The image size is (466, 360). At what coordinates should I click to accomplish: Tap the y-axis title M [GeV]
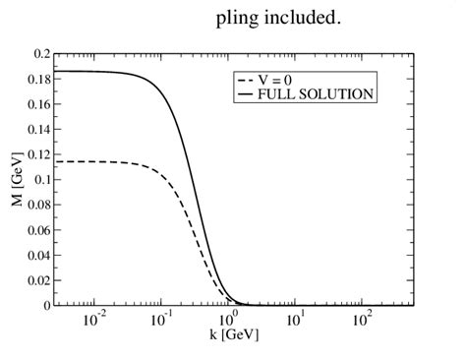[17, 177]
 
